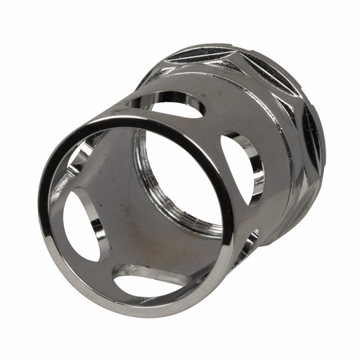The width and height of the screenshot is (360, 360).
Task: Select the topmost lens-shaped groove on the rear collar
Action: point(200,55)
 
